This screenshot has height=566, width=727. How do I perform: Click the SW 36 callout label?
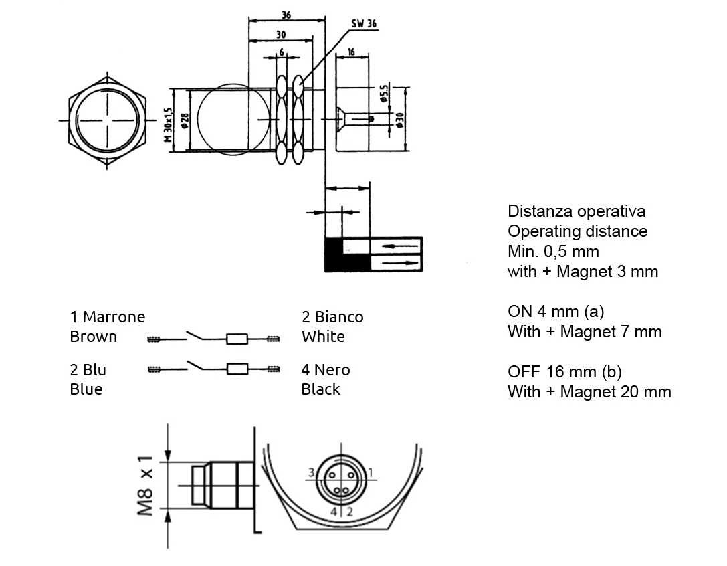(364, 23)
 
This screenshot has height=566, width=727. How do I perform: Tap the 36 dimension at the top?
(286, 14)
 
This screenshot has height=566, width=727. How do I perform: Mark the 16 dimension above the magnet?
(350, 52)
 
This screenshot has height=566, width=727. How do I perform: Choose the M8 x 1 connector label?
(146, 486)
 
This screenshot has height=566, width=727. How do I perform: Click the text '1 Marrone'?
(107, 316)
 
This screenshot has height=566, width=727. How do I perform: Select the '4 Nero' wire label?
(326, 370)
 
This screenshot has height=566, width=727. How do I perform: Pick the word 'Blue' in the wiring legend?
(86, 389)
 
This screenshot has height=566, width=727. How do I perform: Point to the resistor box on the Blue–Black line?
(237, 368)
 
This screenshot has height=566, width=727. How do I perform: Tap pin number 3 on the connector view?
(311, 473)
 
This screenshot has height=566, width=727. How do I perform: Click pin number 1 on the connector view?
(371, 473)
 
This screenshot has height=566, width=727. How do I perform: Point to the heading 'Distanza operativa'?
(577, 211)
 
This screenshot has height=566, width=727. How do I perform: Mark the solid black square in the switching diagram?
(333, 254)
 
